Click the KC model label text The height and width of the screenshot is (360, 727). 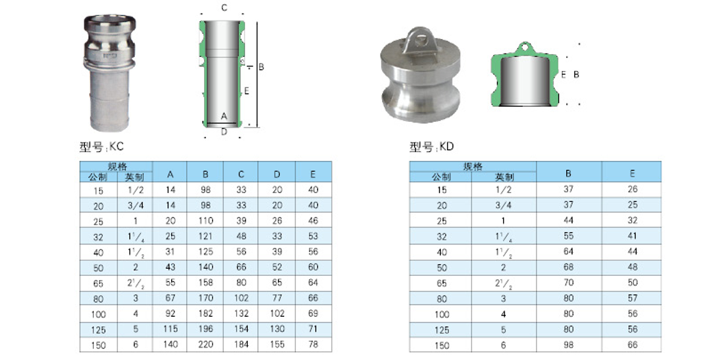point(101,147)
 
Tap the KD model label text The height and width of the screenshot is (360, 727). point(431,147)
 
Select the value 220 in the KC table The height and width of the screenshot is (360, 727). point(205,344)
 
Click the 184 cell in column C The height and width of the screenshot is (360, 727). point(241,344)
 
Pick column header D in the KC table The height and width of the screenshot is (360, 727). point(277,175)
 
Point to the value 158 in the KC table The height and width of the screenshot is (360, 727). point(205,282)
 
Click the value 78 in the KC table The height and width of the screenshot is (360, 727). point(313,344)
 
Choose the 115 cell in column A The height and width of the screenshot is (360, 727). point(170,329)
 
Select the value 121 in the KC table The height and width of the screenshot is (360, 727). point(205,236)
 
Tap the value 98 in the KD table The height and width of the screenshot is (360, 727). point(568,345)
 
